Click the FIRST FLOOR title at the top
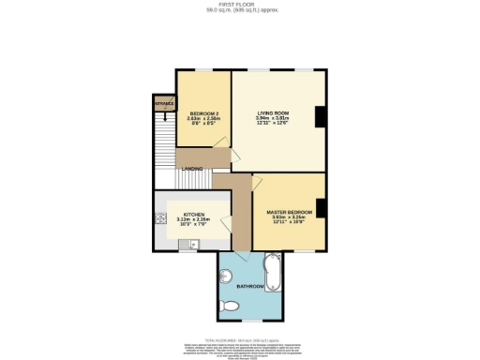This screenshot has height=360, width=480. (239, 4)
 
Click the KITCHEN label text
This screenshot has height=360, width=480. (193, 215)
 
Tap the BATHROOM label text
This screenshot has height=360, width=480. (249, 285)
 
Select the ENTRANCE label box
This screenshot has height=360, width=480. (164, 103)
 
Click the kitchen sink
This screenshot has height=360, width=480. (191, 246)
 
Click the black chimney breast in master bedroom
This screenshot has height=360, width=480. (321, 209)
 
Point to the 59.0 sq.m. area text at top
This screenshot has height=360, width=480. (239, 10)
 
